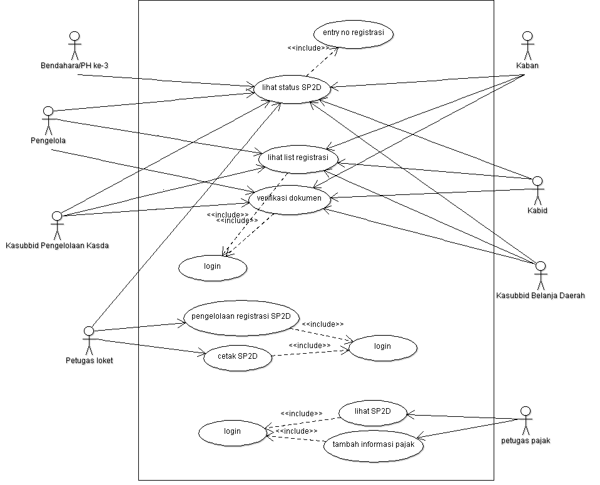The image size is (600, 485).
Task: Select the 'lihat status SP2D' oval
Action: [292, 88]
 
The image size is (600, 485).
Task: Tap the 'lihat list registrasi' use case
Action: [298, 158]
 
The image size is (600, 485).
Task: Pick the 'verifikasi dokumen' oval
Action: [288, 199]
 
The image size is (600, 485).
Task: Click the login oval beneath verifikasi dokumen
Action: [213, 267]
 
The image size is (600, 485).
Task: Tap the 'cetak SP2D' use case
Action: [238, 357]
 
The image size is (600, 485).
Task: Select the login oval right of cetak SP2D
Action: [382, 347]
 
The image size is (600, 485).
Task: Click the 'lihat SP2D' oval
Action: [372, 412]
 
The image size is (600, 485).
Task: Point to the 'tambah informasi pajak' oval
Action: [374, 446]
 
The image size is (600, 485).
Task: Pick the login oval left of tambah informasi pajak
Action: [232, 432]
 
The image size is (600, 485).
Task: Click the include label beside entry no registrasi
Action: [308, 48]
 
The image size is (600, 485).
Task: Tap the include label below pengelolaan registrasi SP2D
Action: [322, 324]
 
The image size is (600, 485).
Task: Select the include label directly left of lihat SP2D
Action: [302, 413]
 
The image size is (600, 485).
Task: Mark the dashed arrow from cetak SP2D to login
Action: [310, 353]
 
